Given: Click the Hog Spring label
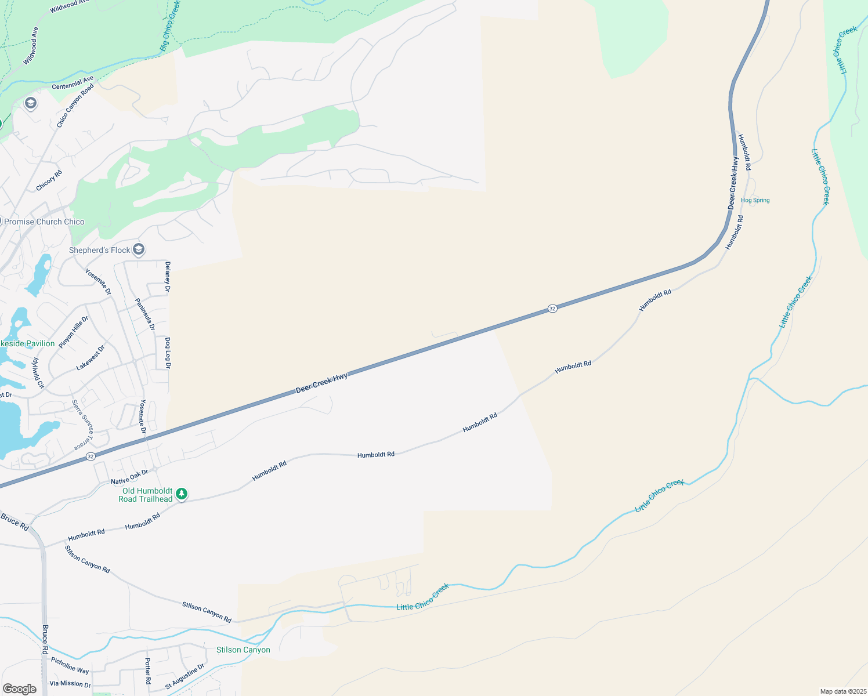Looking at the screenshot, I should pos(755,200).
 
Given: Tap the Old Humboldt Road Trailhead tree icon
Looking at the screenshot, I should pos(182,494).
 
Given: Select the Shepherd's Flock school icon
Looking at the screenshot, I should pos(138,250).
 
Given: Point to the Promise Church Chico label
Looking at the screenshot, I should pos(44,222).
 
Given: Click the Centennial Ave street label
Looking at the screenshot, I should pos(73,84).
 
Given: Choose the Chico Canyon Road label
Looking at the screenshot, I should pos(75,106).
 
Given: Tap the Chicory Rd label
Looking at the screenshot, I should pos(49,180).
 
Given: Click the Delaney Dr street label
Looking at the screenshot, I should pos(168,277).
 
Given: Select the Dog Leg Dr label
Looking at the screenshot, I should pos(168,353).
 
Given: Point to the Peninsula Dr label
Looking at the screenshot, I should pos(145,314).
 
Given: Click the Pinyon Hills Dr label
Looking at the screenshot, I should pos(74,332).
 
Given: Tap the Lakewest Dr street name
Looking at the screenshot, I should pos(91,358).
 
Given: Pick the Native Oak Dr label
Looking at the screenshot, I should pos(129,477).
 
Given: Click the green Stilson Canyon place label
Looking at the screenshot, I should pos(243,650).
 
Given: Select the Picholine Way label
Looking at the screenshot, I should pos(70,665).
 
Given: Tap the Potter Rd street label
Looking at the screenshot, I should pos(147,671).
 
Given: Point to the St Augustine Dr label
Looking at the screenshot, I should pos(185,677).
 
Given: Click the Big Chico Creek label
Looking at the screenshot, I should pos(170,26).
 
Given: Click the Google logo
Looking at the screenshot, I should pos(19,689).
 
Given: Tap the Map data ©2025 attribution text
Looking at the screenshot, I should pos(843,691).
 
